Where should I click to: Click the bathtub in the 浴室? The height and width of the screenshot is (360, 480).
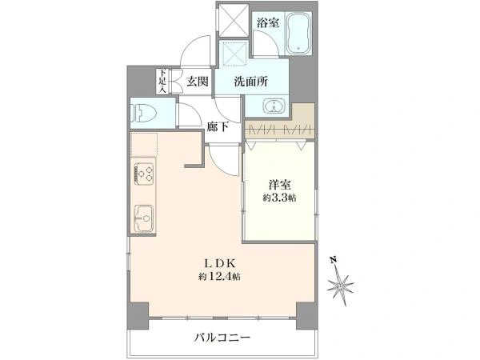click(298, 33)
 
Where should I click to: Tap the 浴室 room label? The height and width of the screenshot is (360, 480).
click(268, 22)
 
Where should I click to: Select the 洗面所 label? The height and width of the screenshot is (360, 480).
click(251, 82)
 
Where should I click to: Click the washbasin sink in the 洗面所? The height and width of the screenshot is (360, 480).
click(274, 106)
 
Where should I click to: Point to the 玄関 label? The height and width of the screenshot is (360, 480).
click(198, 82)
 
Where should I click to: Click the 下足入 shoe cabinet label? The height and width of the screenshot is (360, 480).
click(162, 81)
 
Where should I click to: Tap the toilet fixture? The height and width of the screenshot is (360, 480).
click(143, 113)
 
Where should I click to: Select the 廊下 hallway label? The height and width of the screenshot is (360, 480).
click(218, 126)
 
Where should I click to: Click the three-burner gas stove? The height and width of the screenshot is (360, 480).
click(144, 174)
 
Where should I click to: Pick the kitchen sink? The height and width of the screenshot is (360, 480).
click(144, 218)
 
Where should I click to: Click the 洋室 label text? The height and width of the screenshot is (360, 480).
click(280, 186)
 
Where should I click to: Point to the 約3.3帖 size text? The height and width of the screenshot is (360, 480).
click(279, 198)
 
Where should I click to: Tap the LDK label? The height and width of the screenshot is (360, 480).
click(219, 263)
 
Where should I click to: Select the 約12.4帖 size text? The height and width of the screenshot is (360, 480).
click(219, 277)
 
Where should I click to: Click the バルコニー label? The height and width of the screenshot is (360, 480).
click(222, 338)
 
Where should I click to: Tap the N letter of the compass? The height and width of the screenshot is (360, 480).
click(334, 260)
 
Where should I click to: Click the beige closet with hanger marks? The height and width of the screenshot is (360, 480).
click(280, 126)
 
